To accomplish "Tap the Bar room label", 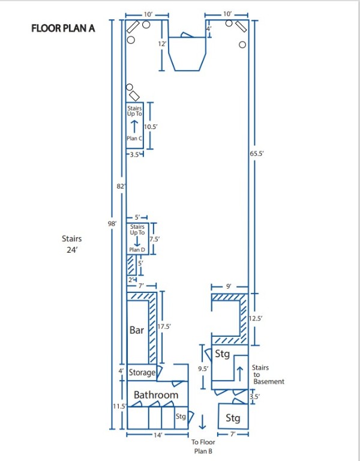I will [x=137, y=330].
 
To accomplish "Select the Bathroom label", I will [x=156, y=395].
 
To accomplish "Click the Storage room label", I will [x=142, y=373].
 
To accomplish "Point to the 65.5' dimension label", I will [x=257, y=154].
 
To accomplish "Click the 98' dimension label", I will [x=112, y=223].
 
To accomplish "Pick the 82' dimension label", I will [x=120, y=187].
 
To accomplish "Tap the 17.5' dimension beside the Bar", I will [x=164, y=327].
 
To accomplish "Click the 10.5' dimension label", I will [x=150, y=126].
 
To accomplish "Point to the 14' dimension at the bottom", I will [x=158, y=435].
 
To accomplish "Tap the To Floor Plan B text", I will [x=202, y=446].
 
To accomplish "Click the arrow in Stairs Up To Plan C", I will [x=135, y=125].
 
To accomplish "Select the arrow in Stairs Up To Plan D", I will [x=136, y=241].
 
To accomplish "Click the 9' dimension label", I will [x=229, y=287].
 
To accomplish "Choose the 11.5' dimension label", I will [x=118, y=407].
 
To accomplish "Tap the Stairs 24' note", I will [x=72, y=244].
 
